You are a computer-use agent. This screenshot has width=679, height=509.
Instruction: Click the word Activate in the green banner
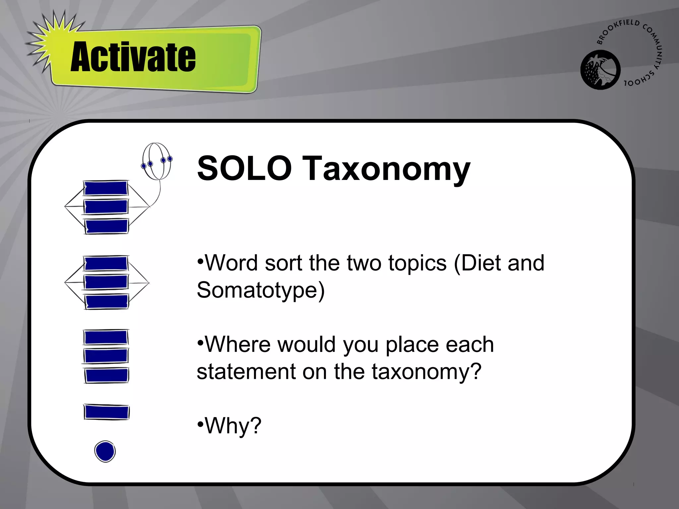coord(133,57)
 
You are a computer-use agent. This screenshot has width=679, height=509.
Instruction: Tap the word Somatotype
coord(261,290)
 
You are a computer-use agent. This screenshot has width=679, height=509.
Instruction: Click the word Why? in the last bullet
coord(233,426)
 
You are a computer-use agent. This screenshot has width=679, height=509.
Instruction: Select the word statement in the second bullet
coord(246,371)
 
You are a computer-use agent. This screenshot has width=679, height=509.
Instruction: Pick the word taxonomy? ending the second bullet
coord(426,372)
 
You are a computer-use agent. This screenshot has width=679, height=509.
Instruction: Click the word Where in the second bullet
coord(237,344)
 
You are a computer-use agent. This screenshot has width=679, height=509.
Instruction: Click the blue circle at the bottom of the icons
coord(105,451)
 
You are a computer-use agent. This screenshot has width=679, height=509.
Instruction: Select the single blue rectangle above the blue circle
coord(106,412)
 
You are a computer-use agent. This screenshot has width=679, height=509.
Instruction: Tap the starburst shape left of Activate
coord(50,43)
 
